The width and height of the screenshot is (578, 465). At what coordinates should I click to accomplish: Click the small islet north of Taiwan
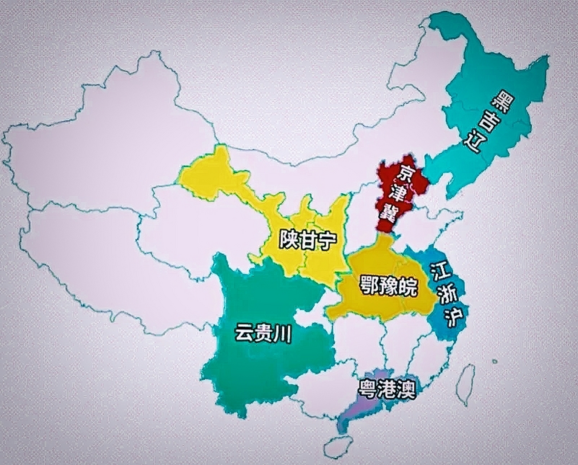pyautogui.click(x=494, y=361)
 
